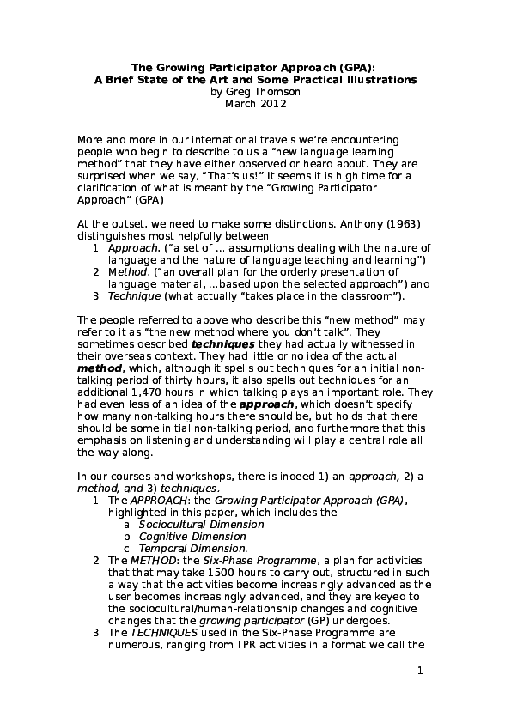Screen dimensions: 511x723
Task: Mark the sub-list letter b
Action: tap(126, 536)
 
